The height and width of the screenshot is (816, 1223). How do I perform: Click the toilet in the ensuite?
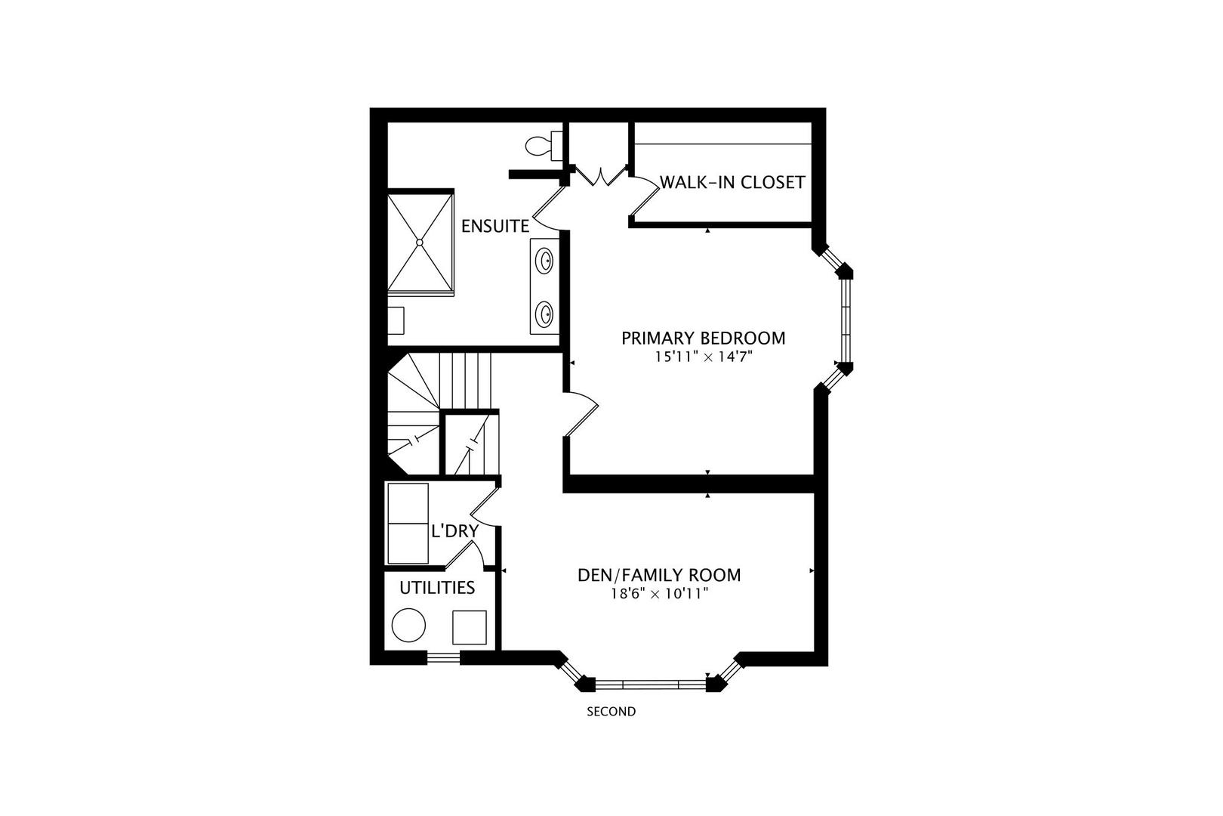coord(541,145)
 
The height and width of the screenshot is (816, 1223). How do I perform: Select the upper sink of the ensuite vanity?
coord(544,261)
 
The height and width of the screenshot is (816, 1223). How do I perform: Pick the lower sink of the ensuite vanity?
coord(544,311)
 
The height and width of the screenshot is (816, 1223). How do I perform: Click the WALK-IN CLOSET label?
coord(732,183)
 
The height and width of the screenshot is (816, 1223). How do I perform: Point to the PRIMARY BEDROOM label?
coord(703,338)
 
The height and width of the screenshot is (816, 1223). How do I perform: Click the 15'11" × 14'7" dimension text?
coord(703,357)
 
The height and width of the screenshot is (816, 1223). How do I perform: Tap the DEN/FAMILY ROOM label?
coord(659,575)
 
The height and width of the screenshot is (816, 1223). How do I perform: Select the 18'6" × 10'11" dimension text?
coord(659,595)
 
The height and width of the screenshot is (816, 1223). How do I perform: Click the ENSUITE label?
coord(495,226)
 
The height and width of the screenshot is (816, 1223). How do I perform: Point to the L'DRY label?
coord(454,532)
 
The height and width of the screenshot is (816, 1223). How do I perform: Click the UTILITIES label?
coord(437,588)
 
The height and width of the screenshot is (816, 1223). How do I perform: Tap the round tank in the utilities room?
coord(409,626)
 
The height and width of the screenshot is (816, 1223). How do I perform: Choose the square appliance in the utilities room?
coord(470,626)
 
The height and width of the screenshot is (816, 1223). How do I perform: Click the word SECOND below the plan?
coord(611,712)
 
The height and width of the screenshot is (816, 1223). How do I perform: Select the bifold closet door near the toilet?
coord(601,176)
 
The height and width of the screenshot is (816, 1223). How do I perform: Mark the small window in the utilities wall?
coord(444,658)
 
